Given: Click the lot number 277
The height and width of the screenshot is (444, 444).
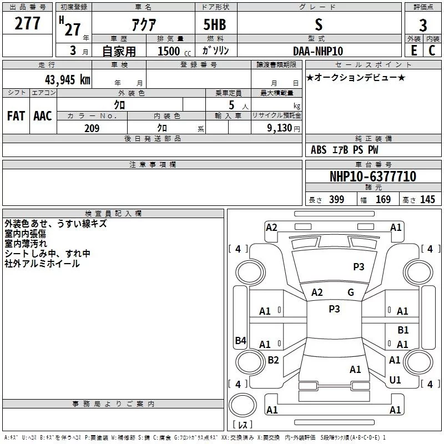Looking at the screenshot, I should click(28, 24).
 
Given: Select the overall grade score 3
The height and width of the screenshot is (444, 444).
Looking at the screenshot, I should click(423, 25).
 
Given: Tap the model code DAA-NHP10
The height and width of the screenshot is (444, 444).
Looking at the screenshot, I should click(318, 51).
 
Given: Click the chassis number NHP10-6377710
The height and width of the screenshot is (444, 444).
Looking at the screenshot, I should click(372, 176).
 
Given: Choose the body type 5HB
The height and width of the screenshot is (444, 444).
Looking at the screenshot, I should click(214, 25).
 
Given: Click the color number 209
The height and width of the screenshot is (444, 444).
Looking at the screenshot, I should click(92, 128).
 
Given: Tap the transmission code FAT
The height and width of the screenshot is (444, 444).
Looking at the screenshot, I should click(16, 115).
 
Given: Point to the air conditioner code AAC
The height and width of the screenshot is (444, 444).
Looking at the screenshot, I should click(43, 115).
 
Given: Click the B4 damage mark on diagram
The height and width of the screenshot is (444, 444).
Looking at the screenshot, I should click(240, 340).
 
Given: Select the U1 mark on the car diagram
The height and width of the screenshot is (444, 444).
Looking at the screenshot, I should click(395, 380).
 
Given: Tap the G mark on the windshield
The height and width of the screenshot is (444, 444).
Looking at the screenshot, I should click(351, 292).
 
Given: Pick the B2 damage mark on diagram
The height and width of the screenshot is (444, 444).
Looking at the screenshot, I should click(273, 360).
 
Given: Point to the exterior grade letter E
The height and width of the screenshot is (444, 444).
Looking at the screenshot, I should click(414, 51).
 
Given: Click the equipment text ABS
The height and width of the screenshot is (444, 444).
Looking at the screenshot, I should click(319, 150).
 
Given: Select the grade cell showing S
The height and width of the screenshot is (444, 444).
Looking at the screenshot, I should click(318, 25).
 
